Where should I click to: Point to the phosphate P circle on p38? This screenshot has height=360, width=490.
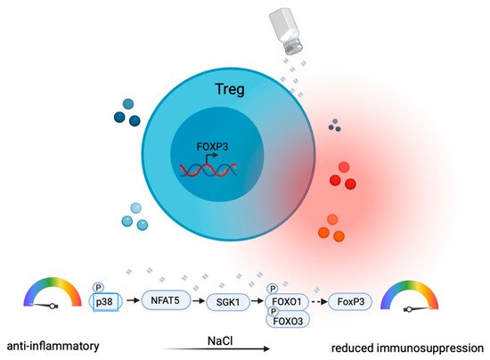point(97,287)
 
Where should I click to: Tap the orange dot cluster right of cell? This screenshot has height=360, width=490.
point(331,228)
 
